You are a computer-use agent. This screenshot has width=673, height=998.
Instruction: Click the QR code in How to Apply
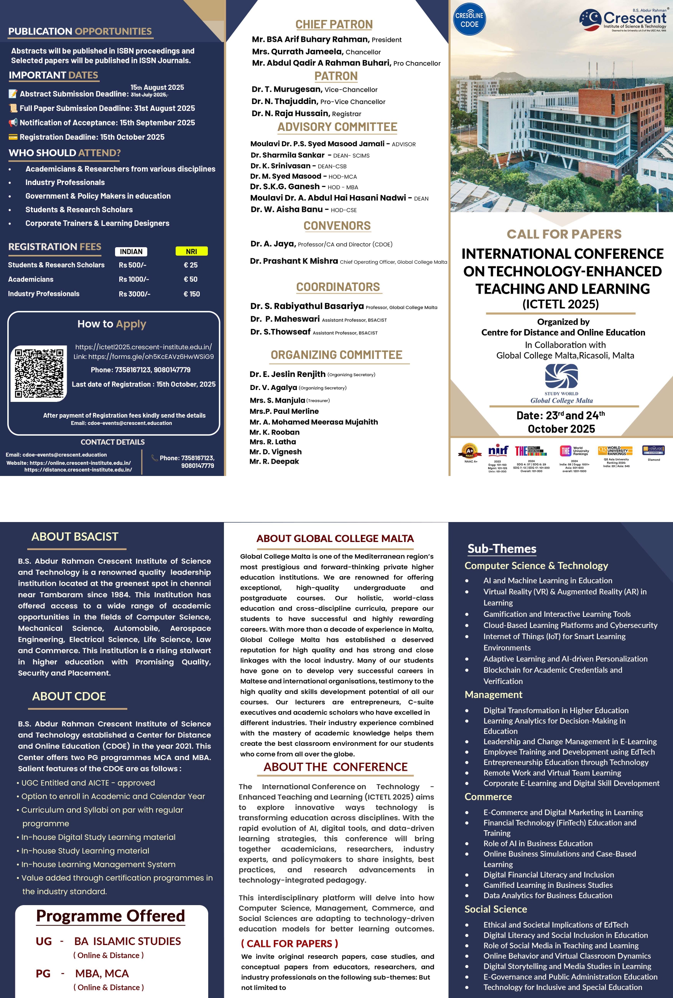tap(39, 373)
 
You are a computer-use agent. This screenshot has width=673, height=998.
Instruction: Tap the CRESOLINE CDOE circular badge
tap(469, 19)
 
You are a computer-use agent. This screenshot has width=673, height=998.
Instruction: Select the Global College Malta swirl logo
tap(561, 376)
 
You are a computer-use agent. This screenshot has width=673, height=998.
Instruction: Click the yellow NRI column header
tap(191, 251)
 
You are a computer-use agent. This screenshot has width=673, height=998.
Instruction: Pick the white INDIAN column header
tap(131, 252)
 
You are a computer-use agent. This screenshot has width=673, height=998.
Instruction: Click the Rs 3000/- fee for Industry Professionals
tap(134, 294)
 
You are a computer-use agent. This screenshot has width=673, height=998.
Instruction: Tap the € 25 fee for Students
tap(191, 265)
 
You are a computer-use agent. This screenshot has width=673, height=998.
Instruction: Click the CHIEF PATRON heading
tap(334, 25)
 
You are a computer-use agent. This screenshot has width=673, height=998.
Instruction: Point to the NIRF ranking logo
tap(498, 451)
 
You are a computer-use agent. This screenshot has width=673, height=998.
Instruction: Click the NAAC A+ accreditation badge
tap(470, 451)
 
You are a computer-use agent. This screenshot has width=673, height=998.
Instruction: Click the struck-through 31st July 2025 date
tap(149, 94)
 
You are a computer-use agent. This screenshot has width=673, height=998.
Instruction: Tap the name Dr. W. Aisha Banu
tap(286, 210)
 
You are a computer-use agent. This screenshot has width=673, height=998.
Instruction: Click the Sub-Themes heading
tap(502, 549)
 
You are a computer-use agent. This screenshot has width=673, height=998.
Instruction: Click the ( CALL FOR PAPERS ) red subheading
tap(289, 943)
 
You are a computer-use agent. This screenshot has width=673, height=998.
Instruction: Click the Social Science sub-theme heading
tap(495, 909)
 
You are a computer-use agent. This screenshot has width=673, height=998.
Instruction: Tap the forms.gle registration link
tap(151, 357)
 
